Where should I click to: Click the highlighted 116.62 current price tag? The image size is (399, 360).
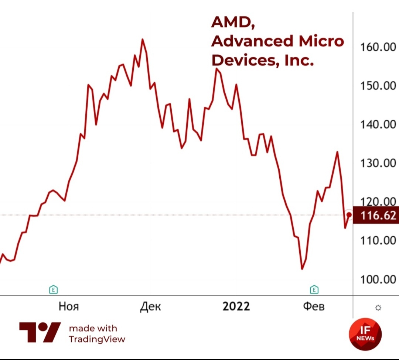[x=375, y=215]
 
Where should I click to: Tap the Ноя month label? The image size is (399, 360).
[x=69, y=306]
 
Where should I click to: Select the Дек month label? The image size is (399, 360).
[x=150, y=306]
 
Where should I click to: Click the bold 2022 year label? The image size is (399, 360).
[x=236, y=306]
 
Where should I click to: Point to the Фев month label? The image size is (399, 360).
[x=314, y=306]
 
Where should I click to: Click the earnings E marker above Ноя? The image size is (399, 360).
[x=54, y=289]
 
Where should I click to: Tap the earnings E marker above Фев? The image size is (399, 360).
[x=314, y=289]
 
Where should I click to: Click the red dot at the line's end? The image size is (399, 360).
[x=349, y=215]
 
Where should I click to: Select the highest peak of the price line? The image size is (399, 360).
[x=143, y=39]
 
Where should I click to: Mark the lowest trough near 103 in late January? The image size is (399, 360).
[x=302, y=269]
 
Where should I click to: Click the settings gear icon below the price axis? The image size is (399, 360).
[x=378, y=308]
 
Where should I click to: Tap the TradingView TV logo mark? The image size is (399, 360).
[x=40, y=332]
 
